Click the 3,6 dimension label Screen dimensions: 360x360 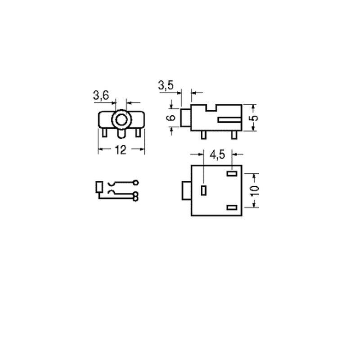pos(101,95)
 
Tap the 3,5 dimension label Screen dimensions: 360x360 pos(166,85)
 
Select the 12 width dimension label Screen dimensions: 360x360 pos(121,150)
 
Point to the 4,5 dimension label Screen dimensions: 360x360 pos(217,155)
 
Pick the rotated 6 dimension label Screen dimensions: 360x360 pos(171,117)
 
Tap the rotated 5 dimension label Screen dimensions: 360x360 pos(254,118)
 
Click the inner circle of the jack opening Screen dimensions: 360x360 pos(121,120)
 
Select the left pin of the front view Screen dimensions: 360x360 pos(104,133)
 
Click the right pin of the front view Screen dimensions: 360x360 pos(138,133)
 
